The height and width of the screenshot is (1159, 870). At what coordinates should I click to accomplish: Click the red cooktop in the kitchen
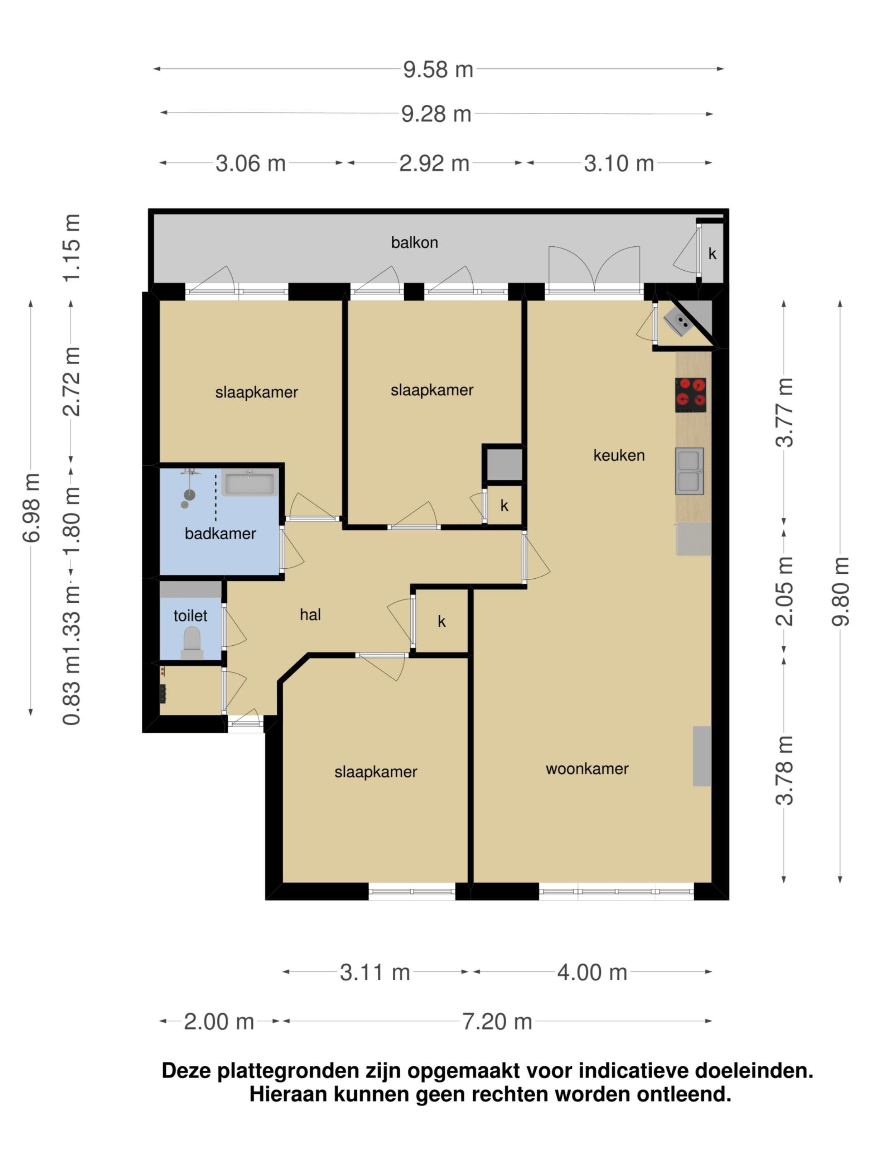(690, 395)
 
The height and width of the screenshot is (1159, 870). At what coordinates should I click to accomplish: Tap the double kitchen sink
(689, 471)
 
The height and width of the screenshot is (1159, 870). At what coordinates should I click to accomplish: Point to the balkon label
(414, 243)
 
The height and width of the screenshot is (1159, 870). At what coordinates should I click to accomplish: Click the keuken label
(619, 455)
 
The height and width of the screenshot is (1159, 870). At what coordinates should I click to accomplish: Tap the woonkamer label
(587, 769)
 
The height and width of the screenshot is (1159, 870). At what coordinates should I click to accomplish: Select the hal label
(310, 614)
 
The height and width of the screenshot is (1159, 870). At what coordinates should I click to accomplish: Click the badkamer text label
(220, 534)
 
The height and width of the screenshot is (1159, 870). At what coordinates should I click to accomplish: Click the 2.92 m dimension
(434, 164)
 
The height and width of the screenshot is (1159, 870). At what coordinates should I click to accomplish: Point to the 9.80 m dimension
(840, 591)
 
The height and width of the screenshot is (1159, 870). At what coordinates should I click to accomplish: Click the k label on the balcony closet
(712, 254)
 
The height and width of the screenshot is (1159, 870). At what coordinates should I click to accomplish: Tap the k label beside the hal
(442, 621)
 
